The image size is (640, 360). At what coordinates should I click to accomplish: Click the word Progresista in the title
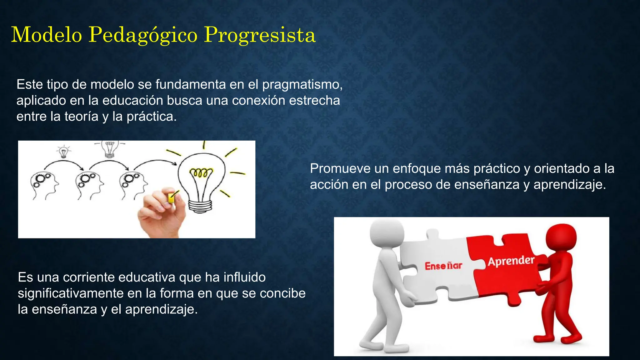[x=260, y=35]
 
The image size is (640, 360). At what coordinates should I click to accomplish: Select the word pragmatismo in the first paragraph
[x=302, y=85]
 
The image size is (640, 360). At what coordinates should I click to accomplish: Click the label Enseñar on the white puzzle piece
[x=443, y=266]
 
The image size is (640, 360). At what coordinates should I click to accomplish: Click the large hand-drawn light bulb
[x=202, y=178]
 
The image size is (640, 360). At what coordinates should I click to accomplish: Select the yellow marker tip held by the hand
[x=171, y=198]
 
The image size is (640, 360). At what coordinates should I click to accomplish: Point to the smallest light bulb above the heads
[x=63, y=152]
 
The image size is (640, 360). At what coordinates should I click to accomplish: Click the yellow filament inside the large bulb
[x=201, y=172]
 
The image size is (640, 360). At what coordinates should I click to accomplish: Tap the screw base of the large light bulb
[x=200, y=206]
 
